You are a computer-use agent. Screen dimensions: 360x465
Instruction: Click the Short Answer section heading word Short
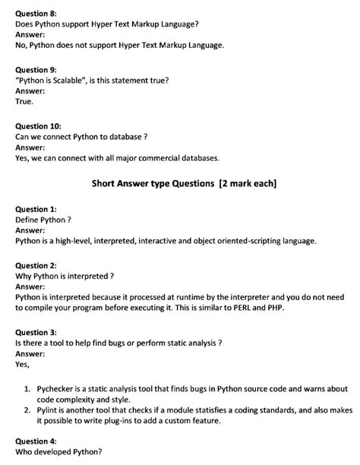106,183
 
